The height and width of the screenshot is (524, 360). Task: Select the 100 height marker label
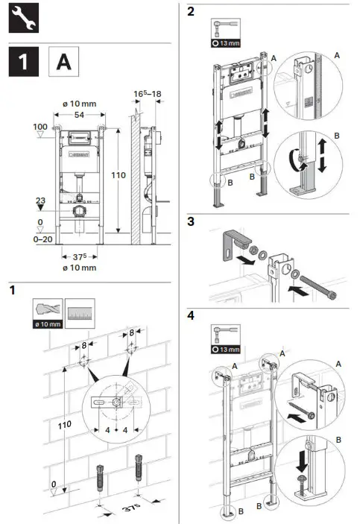(40, 128)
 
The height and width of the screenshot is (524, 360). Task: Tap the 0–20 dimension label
(42, 239)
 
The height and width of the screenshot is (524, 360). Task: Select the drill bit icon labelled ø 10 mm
(47, 312)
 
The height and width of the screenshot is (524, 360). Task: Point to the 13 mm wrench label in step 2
(227, 44)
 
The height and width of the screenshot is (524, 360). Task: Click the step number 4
(192, 315)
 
